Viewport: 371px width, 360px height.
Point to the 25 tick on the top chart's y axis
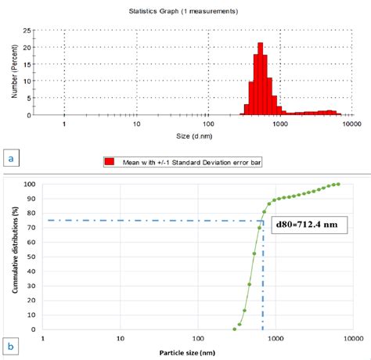[x=27, y=31]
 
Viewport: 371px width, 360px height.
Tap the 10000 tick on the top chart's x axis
[x=350, y=124]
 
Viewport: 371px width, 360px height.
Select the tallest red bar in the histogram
[x=261, y=79]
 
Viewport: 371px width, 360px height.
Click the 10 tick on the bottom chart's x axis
[x=120, y=339]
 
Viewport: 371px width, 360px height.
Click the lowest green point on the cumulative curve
[x=234, y=329]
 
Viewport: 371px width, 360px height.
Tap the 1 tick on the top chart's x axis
[x=64, y=124]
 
